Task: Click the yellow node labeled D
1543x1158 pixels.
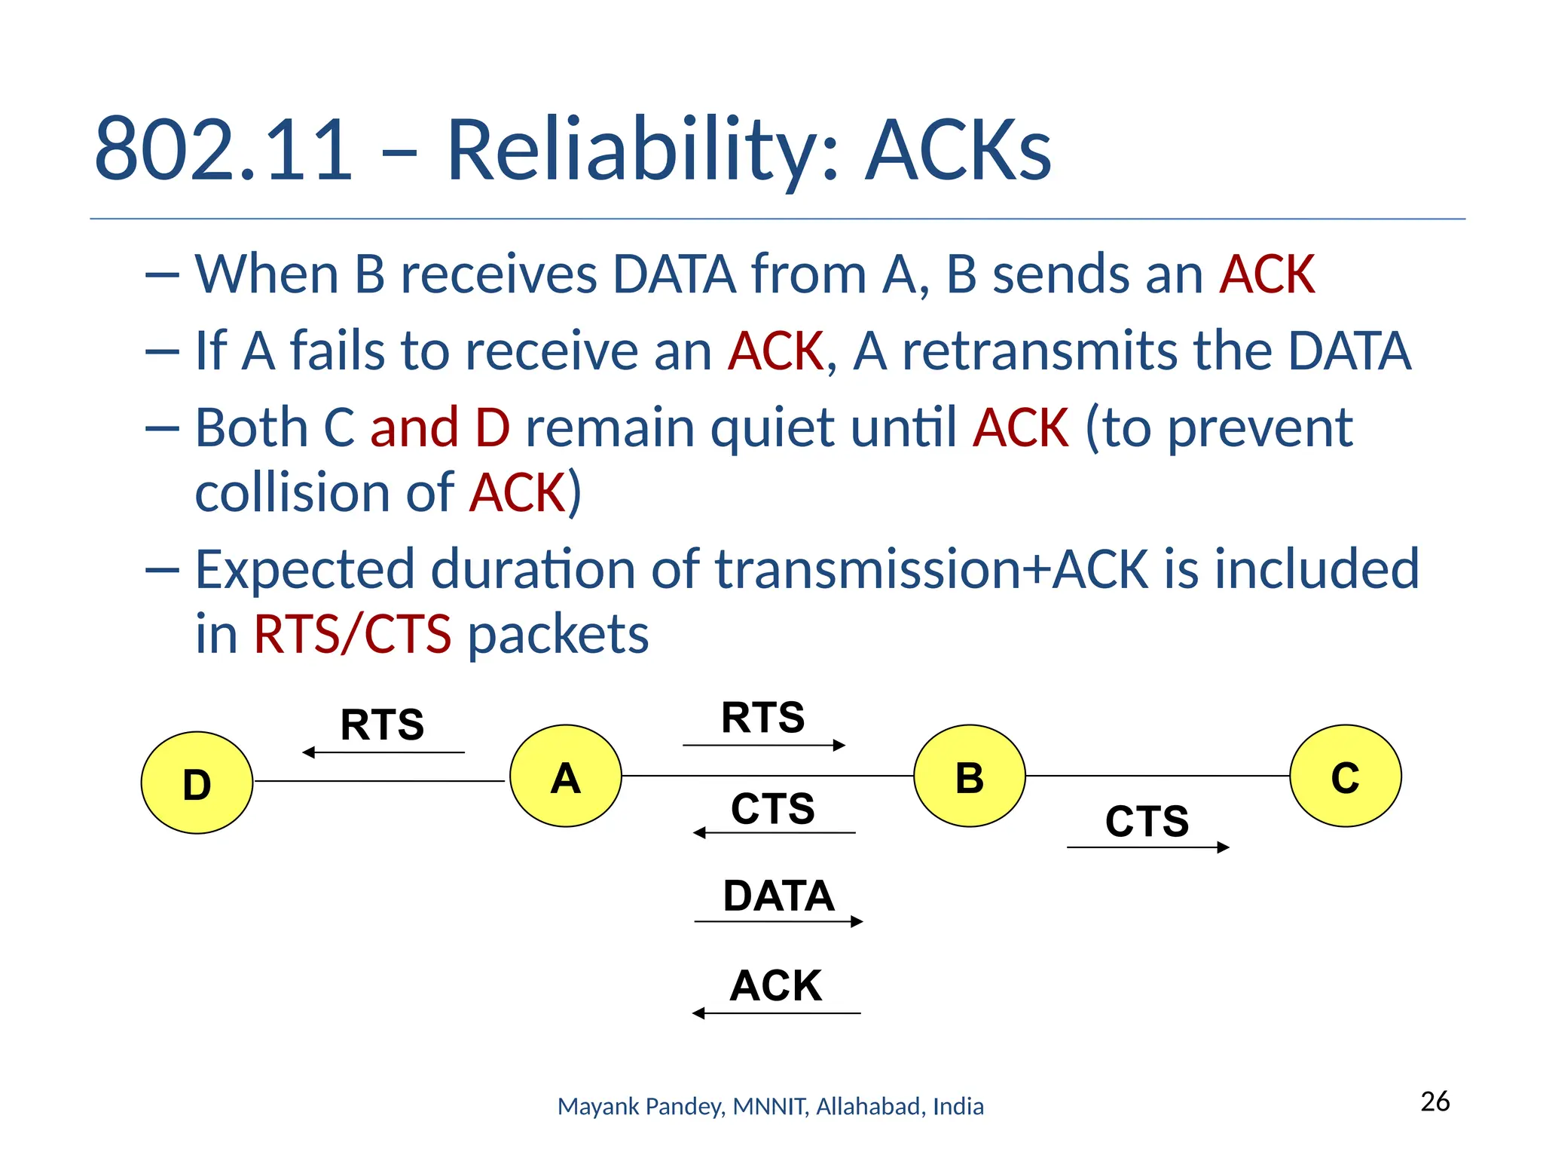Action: pos(197,783)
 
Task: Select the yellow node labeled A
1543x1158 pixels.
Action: pos(566,776)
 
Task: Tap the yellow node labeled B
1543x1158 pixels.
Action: pos(970,776)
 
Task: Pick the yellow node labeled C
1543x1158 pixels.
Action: pos(1346,776)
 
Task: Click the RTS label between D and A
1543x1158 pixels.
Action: pos(382,725)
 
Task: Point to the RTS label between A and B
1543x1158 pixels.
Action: pos(762,717)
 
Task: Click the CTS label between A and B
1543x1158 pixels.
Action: pos(773,808)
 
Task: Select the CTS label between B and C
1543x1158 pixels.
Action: pos(1147,820)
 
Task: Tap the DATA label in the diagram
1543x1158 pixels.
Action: pos(778,896)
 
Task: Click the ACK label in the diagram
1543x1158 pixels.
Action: pos(776,985)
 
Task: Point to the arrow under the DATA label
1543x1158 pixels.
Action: pos(778,921)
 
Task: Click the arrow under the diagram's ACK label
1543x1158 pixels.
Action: pos(776,1013)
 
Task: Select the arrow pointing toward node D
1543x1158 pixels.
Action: pos(383,752)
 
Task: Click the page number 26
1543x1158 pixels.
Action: pos(1435,1101)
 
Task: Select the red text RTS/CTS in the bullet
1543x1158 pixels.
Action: pos(352,634)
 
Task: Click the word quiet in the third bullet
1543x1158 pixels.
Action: pos(772,427)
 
